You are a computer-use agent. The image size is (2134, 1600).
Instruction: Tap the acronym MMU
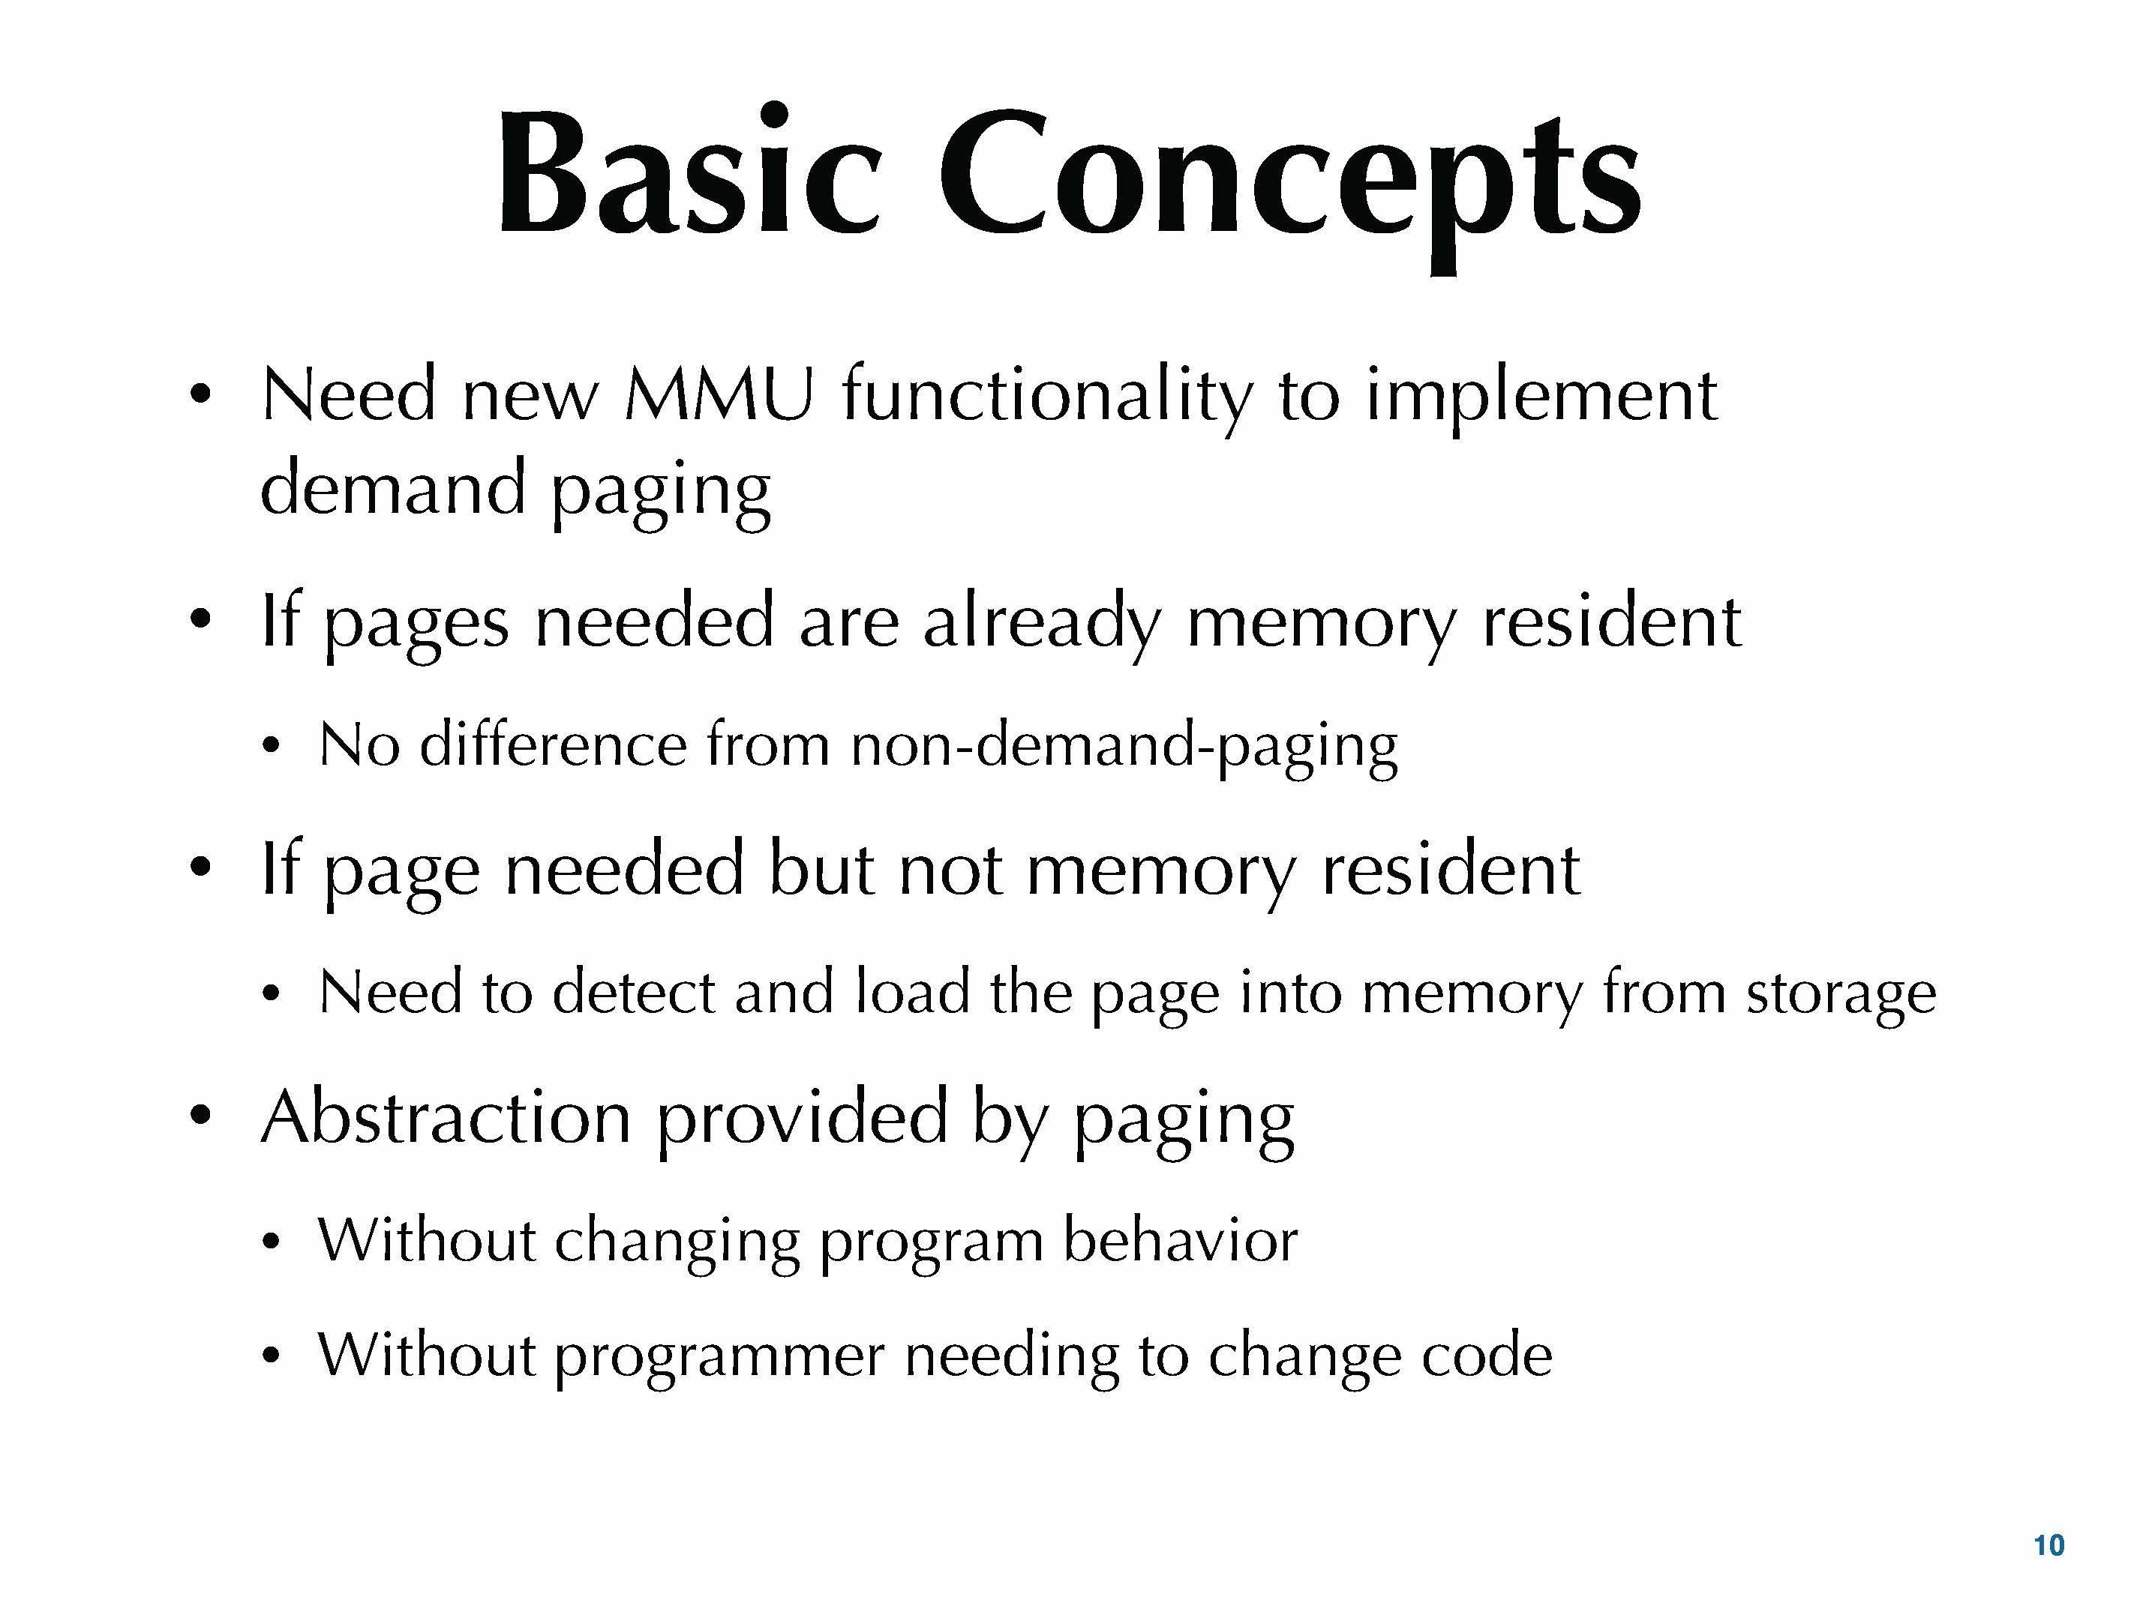[x=719, y=395]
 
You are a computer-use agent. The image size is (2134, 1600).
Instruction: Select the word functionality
[x=1046, y=397]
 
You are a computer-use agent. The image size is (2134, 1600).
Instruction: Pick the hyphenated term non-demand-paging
[x=1124, y=748]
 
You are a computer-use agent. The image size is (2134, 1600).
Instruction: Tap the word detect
[x=633, y=993]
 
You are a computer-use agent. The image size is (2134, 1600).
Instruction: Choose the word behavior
[x=1180, y=1240]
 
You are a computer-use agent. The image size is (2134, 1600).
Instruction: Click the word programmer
[x=719, y=1357]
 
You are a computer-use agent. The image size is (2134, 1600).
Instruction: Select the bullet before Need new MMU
[x=200, y=395]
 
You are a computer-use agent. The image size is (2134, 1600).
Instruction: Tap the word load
[x=911, y=993]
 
